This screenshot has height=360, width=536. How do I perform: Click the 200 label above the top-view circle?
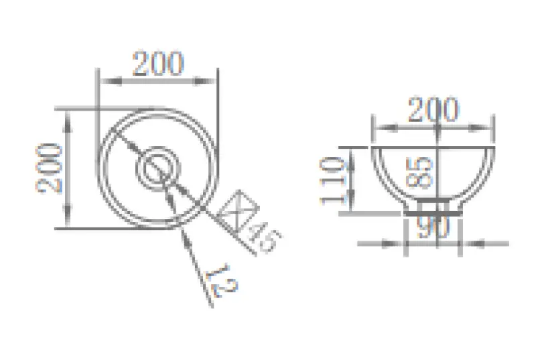pos(158,64)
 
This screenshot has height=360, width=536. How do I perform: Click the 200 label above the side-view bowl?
pos(433,111)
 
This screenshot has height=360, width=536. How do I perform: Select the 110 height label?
pos(334,179)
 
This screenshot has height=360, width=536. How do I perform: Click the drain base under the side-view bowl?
pos(434,207)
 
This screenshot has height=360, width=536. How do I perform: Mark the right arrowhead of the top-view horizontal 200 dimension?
pos(212,82)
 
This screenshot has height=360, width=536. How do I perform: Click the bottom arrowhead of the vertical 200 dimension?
pos(68,222)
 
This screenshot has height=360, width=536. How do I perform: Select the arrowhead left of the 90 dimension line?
pos(398,243)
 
